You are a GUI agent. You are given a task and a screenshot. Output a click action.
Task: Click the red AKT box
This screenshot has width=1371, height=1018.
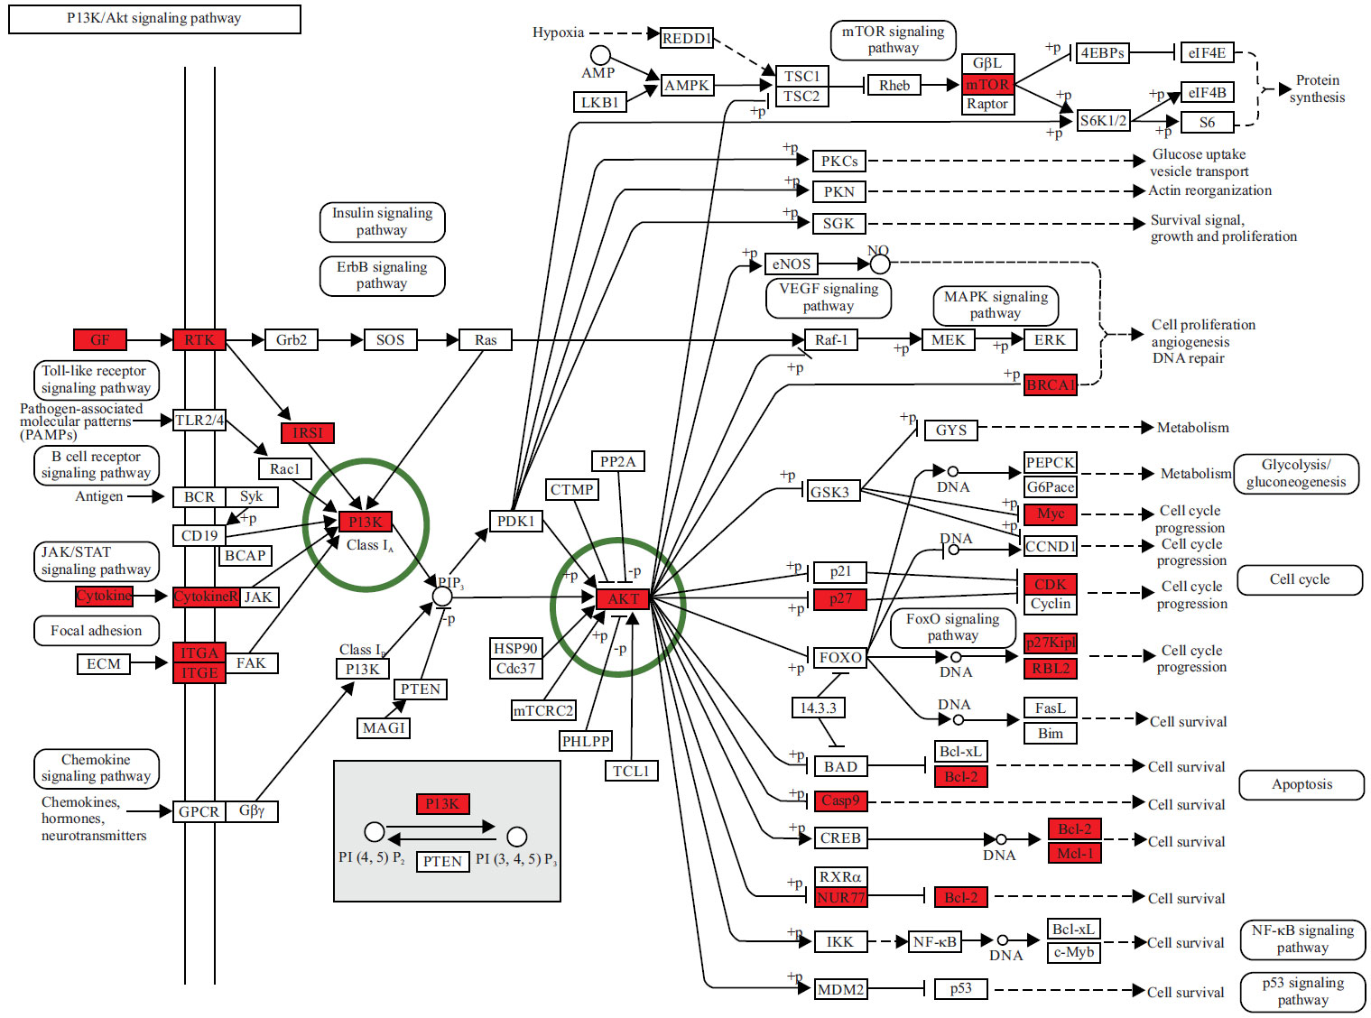[x=623, y=598]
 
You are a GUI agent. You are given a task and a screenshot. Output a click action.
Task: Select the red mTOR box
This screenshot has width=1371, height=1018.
[x=987, y=85]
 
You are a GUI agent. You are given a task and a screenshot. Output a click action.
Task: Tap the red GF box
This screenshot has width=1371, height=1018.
[x=99, y=340]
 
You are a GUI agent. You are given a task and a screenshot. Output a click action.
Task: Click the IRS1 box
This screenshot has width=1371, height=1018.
[x=307, y=433]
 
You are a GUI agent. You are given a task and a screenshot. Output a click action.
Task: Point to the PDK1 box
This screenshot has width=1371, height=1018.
[x=515, y=521]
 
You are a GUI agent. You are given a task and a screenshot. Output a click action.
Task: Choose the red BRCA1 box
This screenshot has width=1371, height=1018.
[x=1051, y=385]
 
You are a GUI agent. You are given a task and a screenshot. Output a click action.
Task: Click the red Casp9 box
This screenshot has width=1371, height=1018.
[x=840, y=801]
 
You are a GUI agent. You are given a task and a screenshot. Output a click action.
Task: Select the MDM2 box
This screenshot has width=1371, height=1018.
[x=840, y=989]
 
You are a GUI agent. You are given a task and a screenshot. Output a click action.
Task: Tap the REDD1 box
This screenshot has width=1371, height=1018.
[x=686, y=38]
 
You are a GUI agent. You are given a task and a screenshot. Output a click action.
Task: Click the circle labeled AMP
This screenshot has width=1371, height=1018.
[x=600, y=56]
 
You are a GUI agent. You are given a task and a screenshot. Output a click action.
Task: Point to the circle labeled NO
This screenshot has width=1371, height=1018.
[x=880, y=264]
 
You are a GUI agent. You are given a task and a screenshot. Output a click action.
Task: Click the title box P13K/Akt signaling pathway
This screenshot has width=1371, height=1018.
[x=154, y=19]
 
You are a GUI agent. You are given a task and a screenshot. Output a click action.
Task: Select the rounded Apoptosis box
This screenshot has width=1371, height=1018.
[x=1301, y=784]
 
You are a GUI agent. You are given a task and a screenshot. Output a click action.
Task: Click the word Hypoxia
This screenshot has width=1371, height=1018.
[x=558, y=32]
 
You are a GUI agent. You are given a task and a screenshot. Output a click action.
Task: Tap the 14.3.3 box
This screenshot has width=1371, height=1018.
[x=818, y=708]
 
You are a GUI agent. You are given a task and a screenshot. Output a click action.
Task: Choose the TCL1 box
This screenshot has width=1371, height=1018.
[x=631, y=771]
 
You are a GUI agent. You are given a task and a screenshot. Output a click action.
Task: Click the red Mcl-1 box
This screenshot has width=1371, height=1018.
[x=1074, y=853]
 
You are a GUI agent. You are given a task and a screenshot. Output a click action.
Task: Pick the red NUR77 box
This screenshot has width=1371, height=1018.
[x=840, y=897]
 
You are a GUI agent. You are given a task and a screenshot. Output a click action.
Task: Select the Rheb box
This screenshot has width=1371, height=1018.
[x=894, y=86]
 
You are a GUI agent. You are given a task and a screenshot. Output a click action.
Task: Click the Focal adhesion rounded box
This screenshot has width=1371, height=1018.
[x=97, y=631]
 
